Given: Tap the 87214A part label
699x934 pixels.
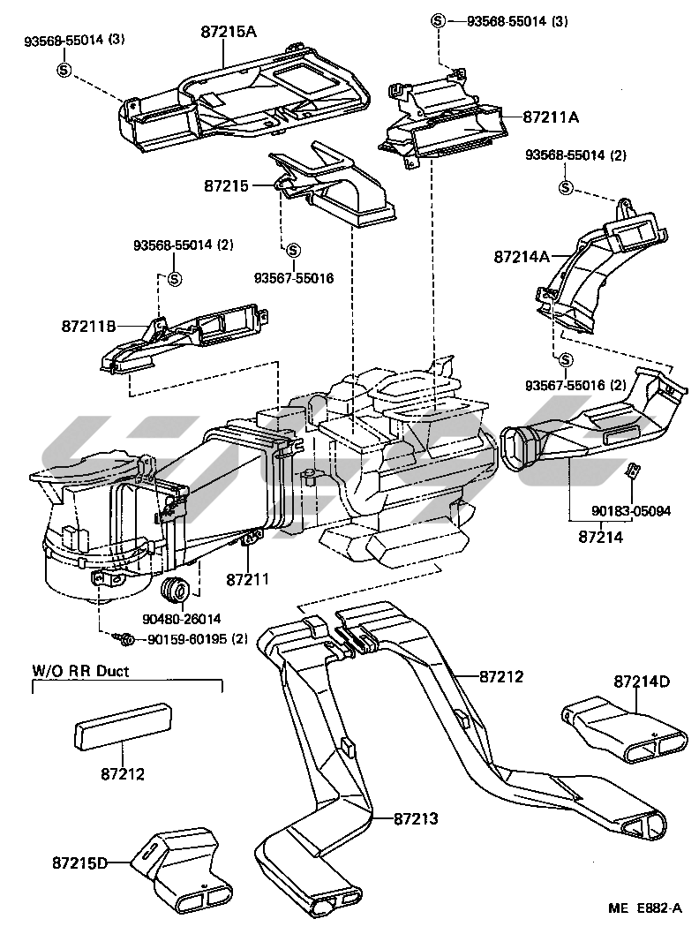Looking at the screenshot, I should coord(522,257).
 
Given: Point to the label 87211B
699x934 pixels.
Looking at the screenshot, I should coord(89,326).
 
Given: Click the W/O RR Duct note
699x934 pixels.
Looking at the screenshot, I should coord(80,671).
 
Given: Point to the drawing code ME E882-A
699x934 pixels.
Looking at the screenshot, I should coord(644,908).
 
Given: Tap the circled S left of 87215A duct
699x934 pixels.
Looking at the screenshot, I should coord(64,70).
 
